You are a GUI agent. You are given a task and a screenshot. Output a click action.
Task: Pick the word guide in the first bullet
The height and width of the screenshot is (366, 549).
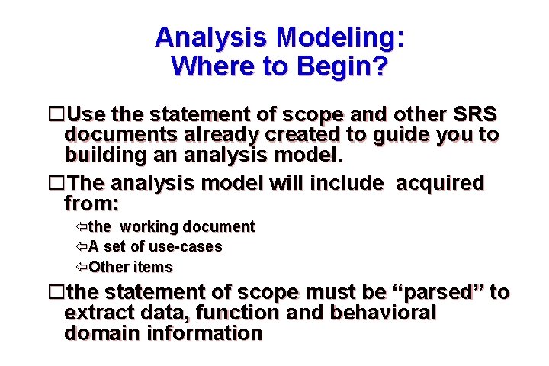[410, 136]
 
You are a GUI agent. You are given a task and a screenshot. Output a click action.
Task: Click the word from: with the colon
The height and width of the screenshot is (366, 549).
[92, 204]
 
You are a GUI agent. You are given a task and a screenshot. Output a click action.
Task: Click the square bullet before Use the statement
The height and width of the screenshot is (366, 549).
[55, 115]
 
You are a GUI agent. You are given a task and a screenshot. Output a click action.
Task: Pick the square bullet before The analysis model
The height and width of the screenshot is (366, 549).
[55, 184]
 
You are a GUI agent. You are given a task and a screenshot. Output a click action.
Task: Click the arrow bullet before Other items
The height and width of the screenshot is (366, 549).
[82, 268]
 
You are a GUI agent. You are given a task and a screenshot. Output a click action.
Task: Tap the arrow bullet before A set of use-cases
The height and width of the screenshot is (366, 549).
[82, 247]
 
